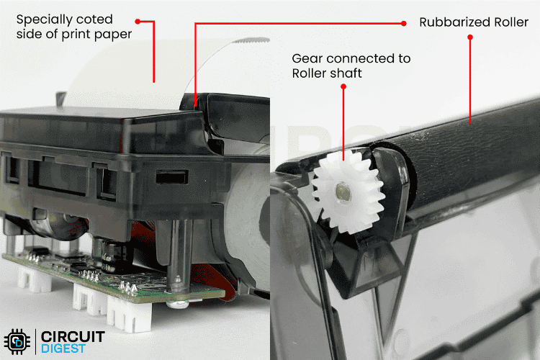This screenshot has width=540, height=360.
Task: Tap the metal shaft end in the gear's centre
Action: [x=343, y=192]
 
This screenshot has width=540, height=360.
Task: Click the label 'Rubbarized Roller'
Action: [x=474, y=23]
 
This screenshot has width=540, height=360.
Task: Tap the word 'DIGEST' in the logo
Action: [x=64, y=348]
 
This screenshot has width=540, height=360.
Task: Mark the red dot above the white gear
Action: [x=344, y=86]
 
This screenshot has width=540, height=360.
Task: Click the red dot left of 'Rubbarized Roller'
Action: [x=403, y=23]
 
